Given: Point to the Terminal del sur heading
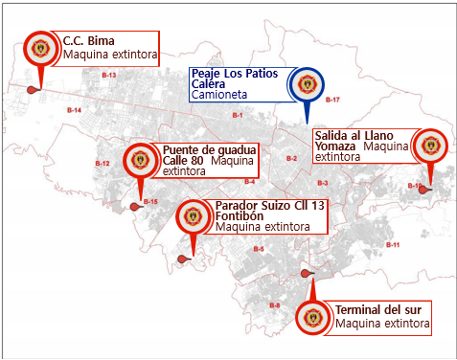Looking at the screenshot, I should click(378, 311).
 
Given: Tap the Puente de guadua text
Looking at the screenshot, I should click(208, 149).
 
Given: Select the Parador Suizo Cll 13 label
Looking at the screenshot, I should click(270, 206).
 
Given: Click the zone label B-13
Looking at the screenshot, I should click(108, 75).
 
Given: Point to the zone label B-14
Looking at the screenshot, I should click(74, 112).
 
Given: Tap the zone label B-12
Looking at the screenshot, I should click(103, 164).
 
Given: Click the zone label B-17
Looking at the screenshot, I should click(333, 100).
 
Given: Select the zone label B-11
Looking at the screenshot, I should click(392, 245).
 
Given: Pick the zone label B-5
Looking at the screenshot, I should click(259, 249).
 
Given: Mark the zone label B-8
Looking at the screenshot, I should click(274, 304).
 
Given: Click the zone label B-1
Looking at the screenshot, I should click(237, 116).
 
